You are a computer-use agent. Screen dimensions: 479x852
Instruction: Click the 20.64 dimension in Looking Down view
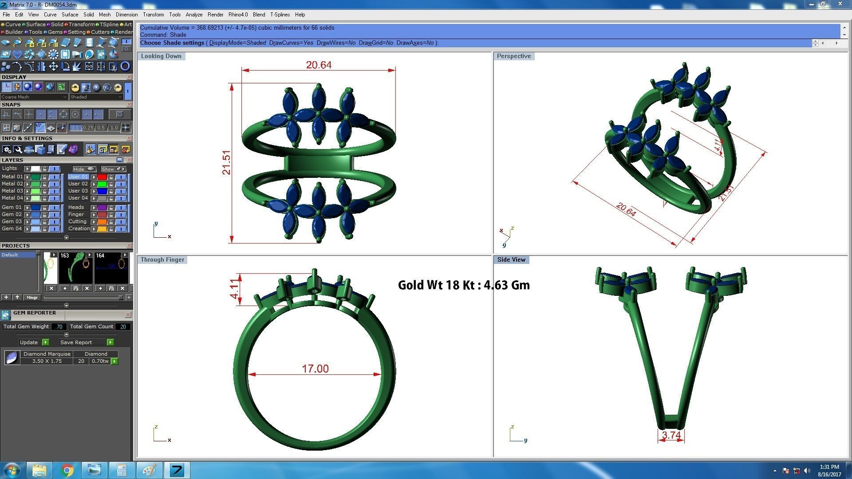318,65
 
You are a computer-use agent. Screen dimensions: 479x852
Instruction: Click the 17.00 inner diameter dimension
315,369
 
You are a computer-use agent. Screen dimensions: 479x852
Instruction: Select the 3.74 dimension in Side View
671,435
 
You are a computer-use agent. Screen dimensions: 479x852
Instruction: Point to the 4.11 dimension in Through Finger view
234,289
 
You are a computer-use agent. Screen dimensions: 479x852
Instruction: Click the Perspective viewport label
513,56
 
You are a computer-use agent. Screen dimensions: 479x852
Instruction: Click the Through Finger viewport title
162,259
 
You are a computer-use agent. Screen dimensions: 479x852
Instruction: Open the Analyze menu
193,15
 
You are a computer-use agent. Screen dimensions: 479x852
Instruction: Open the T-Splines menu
280,15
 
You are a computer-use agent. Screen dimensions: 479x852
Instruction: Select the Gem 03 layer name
12,221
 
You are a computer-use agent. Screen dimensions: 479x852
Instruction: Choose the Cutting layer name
77,221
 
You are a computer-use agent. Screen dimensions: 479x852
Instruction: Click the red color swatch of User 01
102,177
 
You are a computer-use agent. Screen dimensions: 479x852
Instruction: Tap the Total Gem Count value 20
123,326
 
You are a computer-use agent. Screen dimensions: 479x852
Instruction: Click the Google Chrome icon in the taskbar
67,470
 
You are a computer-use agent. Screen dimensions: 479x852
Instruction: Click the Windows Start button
12,470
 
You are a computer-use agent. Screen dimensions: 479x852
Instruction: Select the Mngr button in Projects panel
32,298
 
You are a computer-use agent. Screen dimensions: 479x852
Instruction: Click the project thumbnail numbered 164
111,268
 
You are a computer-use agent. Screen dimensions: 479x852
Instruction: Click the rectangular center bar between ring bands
319,163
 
